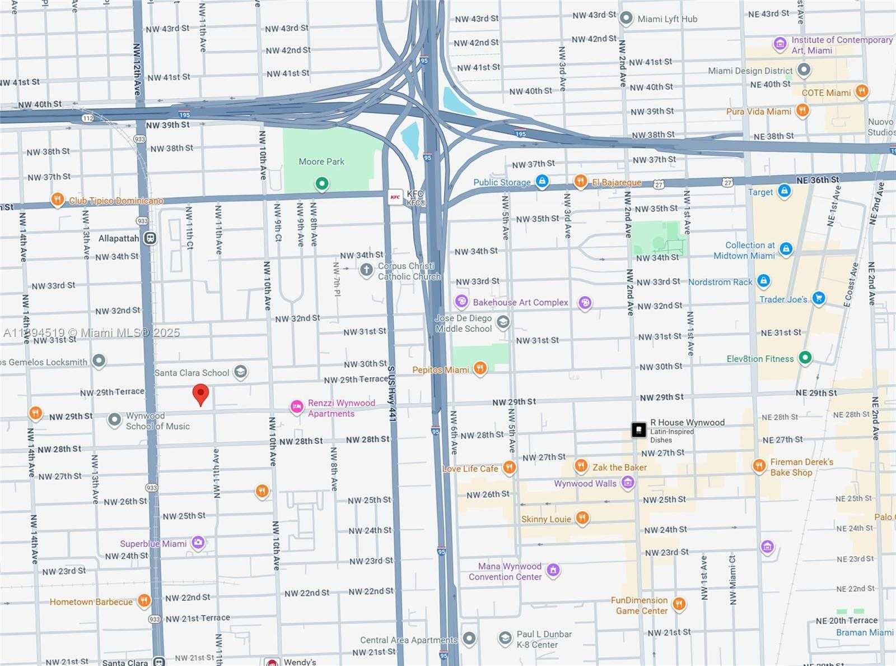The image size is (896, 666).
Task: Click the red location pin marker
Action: tap(200, 394)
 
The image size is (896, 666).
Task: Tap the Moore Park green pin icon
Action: tap(321, 183)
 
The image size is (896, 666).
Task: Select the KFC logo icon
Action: tap(395, 197)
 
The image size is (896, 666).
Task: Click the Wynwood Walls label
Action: tap(585, 483)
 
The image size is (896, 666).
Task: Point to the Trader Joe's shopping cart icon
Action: tap(819, 298)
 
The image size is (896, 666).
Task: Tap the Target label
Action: tap(760, 192)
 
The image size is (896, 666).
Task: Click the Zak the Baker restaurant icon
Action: tap(581, 466)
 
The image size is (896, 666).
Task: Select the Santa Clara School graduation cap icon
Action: tap(240, 372)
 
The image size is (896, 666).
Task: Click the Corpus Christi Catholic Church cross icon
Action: tap(366, 271)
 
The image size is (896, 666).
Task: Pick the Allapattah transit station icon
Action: tap(150, 238)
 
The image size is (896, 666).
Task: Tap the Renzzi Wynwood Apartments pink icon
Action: tap(297, 407)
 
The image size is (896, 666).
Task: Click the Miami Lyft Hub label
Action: tap(667, 19)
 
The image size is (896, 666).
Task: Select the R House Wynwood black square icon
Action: tap(638, 429)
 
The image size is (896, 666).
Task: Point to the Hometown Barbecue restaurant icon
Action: tap(144, 601)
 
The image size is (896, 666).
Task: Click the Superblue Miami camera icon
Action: tap(198, 543)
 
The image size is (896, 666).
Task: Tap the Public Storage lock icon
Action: tap(542, 181)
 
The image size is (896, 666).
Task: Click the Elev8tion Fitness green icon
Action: tap(805, 357)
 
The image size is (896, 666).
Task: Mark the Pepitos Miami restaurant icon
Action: tap(480, 368)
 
